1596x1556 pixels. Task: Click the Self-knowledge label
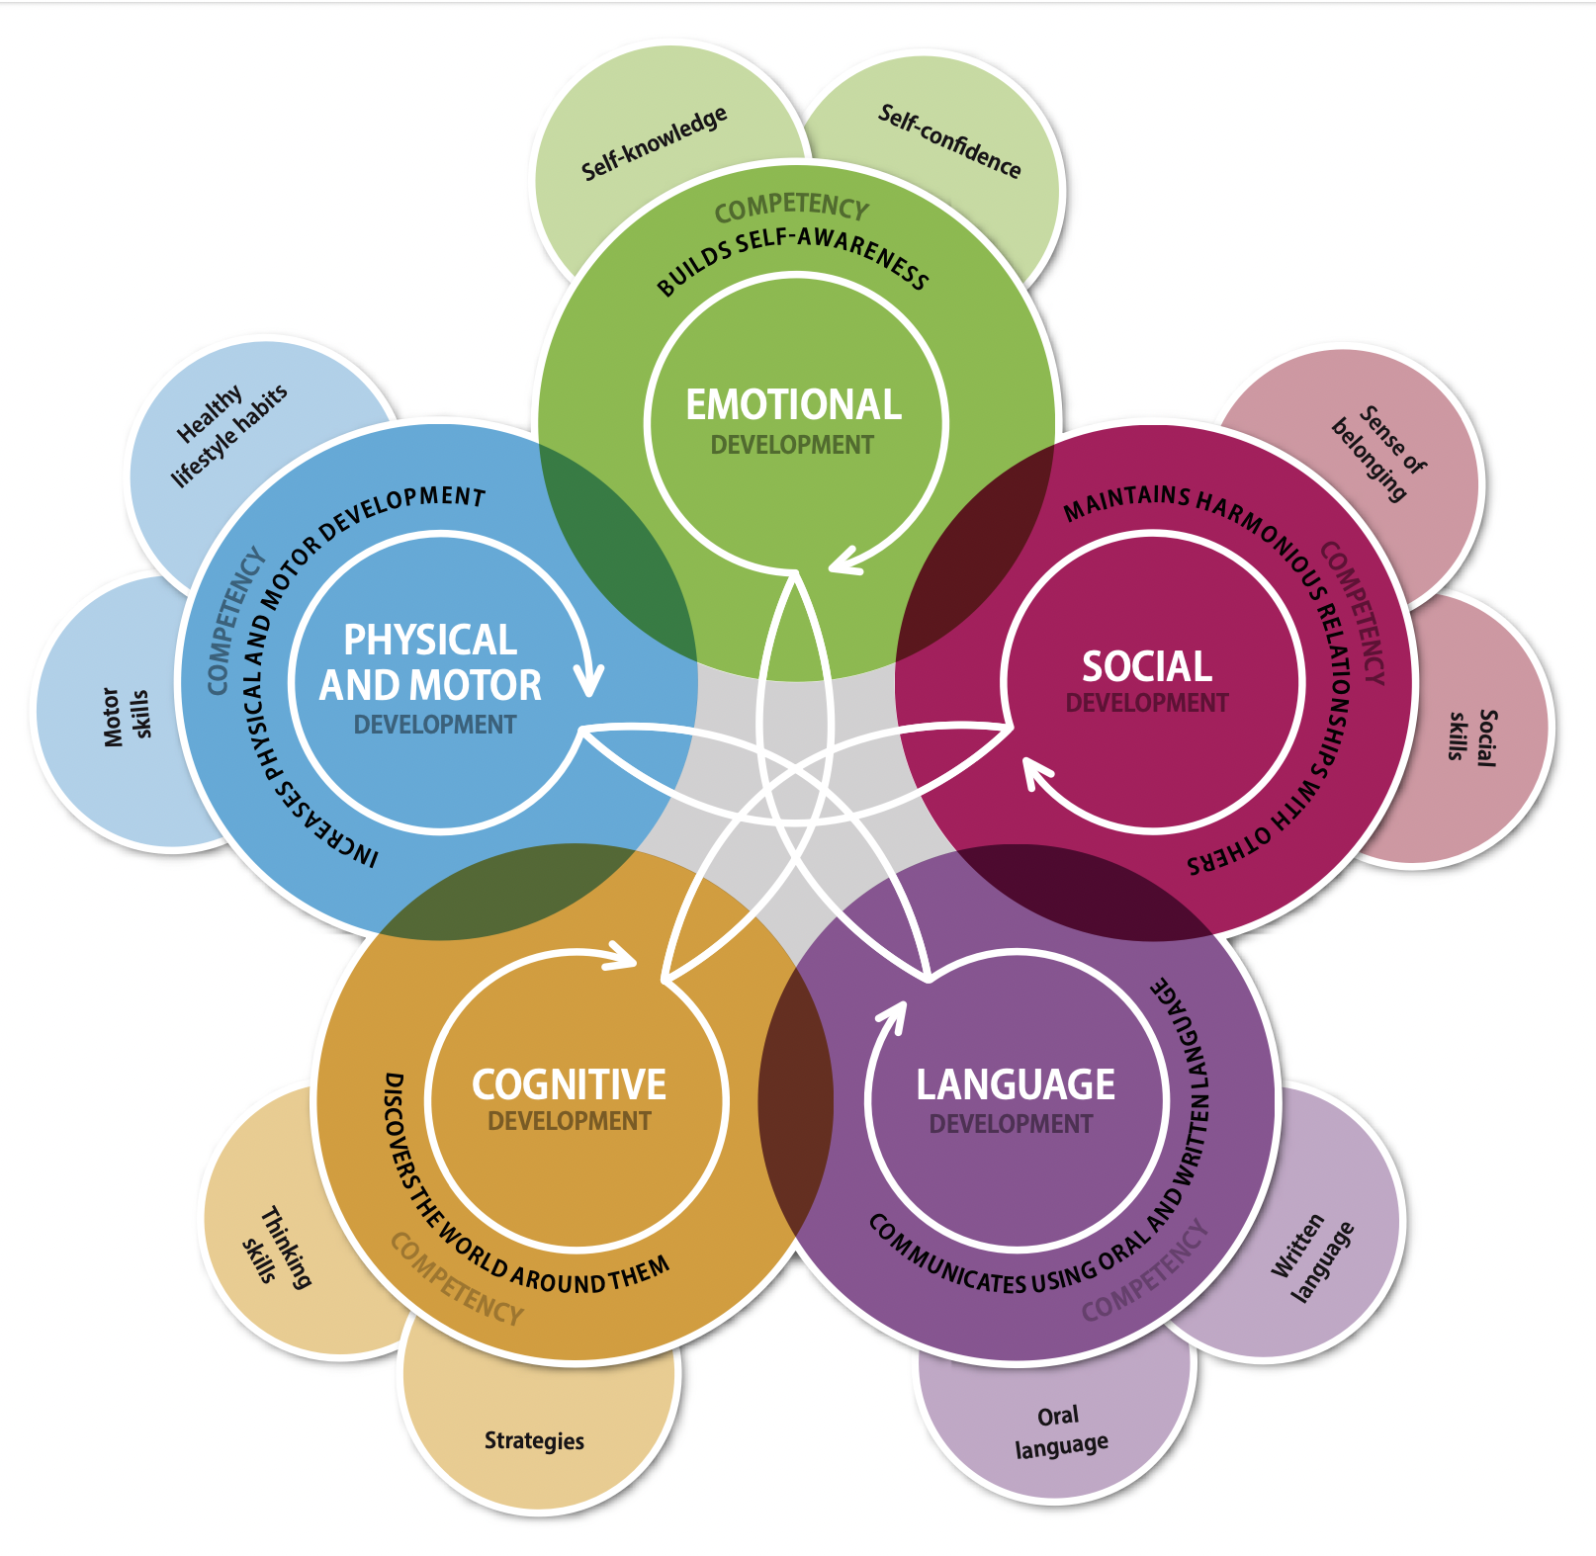click(654, 144)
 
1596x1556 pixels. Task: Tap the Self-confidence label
click(949, 141)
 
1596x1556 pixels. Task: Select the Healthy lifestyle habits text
click(230, 434)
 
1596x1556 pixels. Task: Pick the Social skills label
click(1472, 736)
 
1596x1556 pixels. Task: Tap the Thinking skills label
click(276, 1247)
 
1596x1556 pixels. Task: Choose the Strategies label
click(534, 1440)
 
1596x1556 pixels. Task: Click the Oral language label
click(1060, 1430)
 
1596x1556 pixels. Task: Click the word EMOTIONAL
click(794, 405)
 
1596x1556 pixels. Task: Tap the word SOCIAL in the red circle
click(1147, 666)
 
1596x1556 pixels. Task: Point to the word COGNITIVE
click(570, 1084)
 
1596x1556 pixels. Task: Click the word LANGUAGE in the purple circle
click(1016, 1084)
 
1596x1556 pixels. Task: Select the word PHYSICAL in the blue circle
click(430, 641)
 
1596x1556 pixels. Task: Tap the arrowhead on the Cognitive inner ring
click(623, 955)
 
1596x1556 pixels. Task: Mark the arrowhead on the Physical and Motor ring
click(589, 682)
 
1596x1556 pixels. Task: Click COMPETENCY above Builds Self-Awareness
click(791, 207)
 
